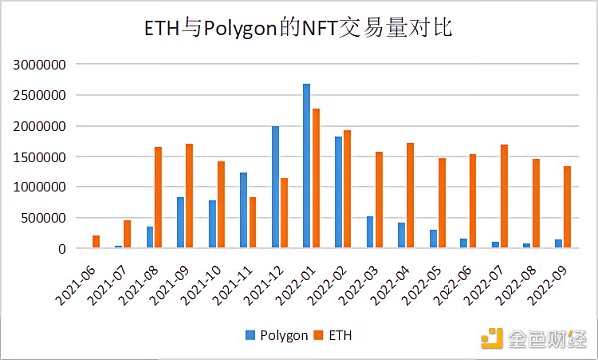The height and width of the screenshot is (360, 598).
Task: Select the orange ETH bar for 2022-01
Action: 316,179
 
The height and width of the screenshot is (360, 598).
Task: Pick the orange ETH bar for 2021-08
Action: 158,197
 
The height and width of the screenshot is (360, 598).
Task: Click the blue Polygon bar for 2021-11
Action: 243,210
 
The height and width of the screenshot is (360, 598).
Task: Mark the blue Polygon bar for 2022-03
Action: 369,232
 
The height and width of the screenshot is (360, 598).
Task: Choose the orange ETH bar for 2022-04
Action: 411,195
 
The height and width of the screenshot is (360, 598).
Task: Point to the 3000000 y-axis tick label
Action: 39,65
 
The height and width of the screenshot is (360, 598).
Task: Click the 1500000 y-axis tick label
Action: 39,157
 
